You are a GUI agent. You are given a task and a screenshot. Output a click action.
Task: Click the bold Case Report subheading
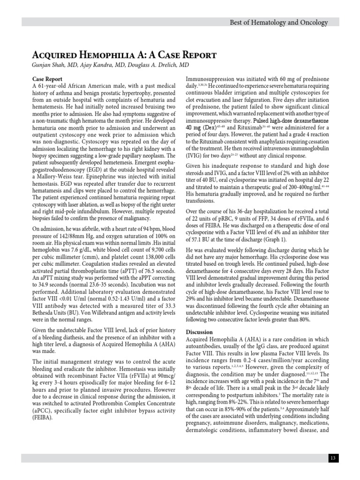(47, 79)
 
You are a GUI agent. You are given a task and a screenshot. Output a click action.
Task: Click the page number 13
(333, 458)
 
